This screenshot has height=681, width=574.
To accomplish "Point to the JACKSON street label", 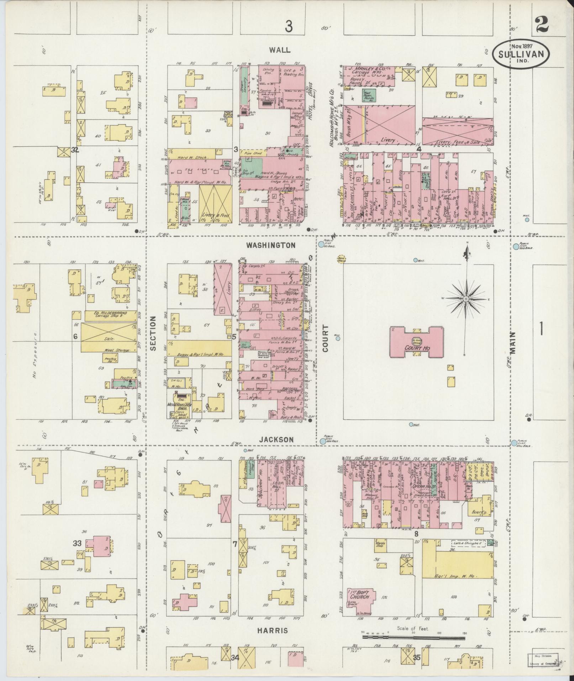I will pos(276,440).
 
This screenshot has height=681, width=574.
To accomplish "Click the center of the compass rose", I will pos(466,299).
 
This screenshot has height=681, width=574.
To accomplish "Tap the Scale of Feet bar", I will pos(413,636).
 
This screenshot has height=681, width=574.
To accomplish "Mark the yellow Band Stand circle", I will pos(342,259).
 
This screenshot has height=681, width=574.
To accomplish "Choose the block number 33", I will pos(77,554).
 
